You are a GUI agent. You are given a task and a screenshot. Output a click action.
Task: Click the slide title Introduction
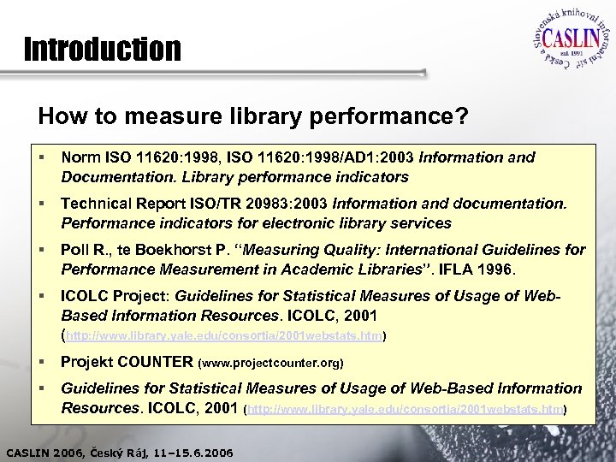[103, 50]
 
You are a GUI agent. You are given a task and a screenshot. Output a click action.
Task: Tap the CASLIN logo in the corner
[565, 42]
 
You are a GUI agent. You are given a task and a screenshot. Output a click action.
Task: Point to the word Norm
[80, 157]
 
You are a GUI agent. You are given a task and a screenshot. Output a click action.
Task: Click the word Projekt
[86, 361]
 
